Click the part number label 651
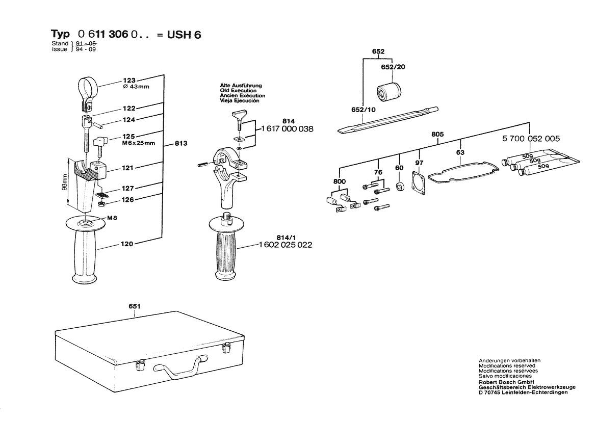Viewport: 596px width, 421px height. pos(135,306)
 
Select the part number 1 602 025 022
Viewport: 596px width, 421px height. pos(286,245)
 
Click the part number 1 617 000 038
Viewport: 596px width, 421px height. pos(287,129)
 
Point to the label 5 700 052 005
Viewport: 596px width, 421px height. pos(531,139)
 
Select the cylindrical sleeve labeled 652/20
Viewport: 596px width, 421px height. pos(390,92)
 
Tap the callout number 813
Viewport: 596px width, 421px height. pos(180,143)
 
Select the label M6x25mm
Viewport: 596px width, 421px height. pos(138,143)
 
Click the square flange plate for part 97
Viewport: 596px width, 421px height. pos(419,182)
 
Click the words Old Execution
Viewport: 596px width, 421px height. pos(238,91)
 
